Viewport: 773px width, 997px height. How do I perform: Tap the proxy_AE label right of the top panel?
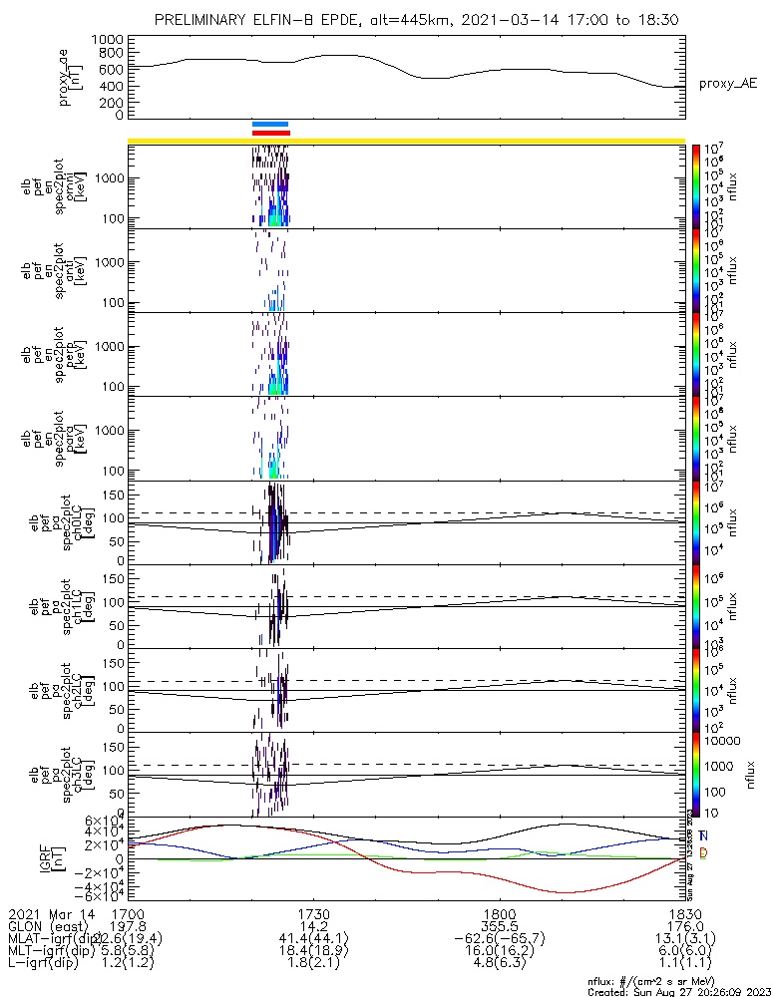coord(726,84)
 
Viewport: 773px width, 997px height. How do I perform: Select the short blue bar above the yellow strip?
coord(270,125)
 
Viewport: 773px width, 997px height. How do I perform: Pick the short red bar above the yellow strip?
coord(270,133)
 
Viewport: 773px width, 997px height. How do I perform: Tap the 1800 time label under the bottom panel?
coord(499,913)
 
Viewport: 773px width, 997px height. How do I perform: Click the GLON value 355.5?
coord(499,926)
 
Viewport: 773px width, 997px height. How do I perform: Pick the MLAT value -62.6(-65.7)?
coord(499,939)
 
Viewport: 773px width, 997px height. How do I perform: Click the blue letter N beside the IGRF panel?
coord(704,835)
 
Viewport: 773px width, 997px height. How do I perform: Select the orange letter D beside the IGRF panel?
coord(704,853)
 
